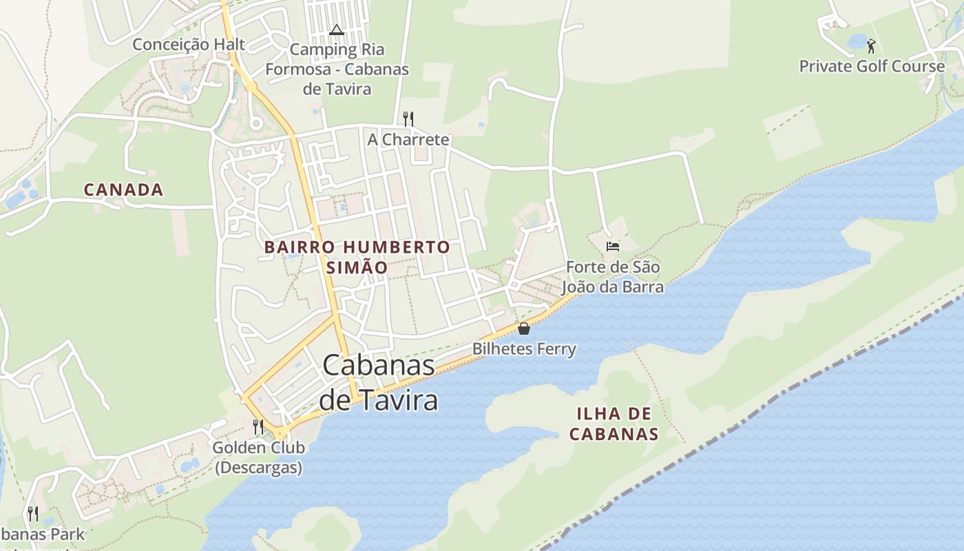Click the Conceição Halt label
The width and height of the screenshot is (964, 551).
[x=188, y=45]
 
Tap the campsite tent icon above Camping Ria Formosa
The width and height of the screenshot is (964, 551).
[x=336, y=30]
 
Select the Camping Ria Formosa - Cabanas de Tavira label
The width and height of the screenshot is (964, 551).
[x=337, y=69]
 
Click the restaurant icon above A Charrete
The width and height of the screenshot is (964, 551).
[x=408, y=118]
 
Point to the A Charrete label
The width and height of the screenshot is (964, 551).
[x=408, y=140]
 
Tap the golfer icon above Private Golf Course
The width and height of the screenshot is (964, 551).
[x=871, y=46]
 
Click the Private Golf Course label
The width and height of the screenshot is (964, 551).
[x=872, y=67]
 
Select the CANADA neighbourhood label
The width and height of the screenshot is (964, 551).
[x=124, y=190]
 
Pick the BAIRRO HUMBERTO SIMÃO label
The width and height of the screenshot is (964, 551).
[x=357, y=257]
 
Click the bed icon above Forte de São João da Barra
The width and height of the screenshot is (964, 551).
[x=613, y=246]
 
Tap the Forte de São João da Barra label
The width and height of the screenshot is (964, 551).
[x=613, y=277]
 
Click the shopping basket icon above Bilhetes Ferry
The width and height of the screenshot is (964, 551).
[x=524, y=329]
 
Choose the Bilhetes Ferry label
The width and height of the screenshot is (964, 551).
[x=524, y=349]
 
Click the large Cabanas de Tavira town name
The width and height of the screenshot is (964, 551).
[x=379, y=382]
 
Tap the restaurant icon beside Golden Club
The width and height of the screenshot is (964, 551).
[x=258, y=427]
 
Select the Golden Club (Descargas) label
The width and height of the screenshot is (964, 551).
[x=258, y=457]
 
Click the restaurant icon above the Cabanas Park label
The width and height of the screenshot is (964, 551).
[x=32, y=513]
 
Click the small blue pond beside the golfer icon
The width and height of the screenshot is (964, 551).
[x=857, y=41]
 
